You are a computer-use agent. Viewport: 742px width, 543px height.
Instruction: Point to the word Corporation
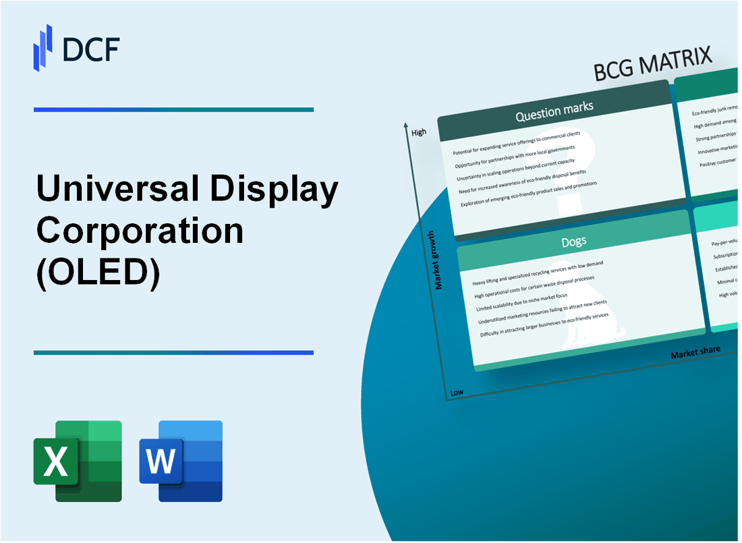click(x=140, y=231)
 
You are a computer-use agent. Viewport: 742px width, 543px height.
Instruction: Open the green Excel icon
click(x=78, y=461)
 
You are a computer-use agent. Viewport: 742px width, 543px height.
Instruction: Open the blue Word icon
click(x=181, y=461)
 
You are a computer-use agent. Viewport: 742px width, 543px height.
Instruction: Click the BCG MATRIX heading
click(x=654, y=65)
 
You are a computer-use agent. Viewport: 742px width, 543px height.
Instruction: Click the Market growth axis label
click(x=439, y=260)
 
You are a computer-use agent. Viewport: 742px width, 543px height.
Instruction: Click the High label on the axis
click(x=418, y=132)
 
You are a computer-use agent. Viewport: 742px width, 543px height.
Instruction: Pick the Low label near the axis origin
click(x=457, y=392)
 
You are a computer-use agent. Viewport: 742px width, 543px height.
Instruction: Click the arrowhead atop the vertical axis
click(x=405, y=125)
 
